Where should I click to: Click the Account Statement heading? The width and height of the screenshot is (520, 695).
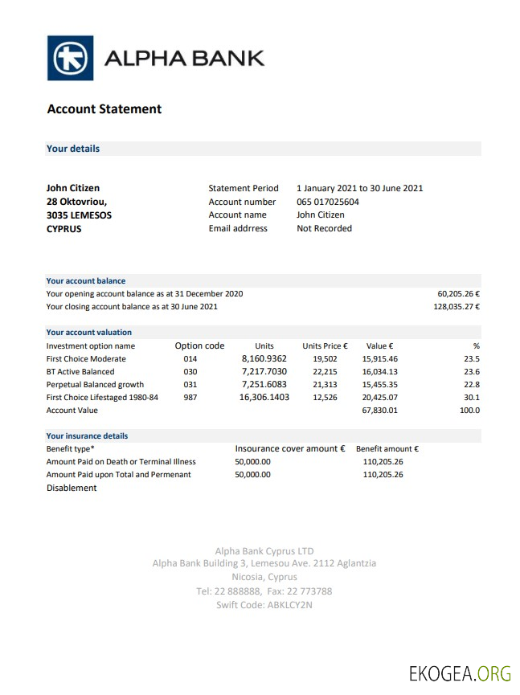pos(104,109)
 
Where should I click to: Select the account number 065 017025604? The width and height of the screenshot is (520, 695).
pos(328,202)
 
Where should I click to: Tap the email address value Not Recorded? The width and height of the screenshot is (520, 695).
pos(324,228)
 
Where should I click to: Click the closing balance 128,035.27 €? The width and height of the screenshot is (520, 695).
pos(457,306)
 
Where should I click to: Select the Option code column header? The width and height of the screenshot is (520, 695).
pos(199,345)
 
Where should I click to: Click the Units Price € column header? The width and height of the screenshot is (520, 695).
pos(325,346)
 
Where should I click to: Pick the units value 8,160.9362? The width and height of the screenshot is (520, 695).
pos(264,358)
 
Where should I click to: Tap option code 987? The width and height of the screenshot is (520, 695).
pos(190,397)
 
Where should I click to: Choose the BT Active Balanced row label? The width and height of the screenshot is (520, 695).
pos(80,372)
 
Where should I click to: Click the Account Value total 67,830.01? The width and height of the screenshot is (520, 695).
pos(380,410)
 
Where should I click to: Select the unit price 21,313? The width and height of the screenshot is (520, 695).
pos(325,384)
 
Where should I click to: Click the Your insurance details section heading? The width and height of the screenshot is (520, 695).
pos(87,435)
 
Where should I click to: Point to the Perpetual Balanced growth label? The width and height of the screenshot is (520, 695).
pos(95,384)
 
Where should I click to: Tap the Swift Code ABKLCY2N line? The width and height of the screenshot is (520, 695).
pos(264,605)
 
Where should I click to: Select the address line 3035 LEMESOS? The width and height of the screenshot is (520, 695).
pos(79,215)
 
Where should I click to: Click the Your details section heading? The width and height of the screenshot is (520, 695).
pos(73,149)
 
